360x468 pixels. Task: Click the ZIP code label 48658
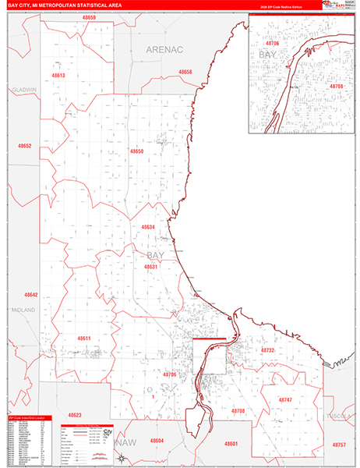(185, 72)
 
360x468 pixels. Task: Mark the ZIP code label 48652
(25, 146)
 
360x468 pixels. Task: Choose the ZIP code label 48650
(137, 151)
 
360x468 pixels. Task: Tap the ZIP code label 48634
(148, 227)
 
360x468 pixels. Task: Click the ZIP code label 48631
(151, 267)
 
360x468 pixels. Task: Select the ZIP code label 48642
(30, 295)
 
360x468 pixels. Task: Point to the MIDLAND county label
(23, 310)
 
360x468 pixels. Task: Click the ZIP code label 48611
(83, 338)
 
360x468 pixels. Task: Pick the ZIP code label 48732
(267, 351)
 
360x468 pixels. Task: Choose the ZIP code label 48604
(157, 441)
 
